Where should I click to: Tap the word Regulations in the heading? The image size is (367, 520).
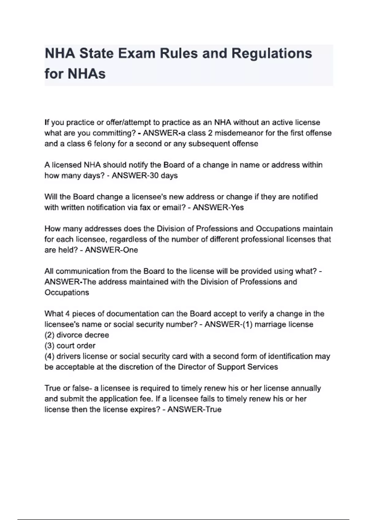coord(272,54)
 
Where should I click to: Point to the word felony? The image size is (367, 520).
coord(105,144)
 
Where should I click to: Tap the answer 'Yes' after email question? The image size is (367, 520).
coord(237,207)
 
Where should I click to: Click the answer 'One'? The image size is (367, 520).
coord(130,250)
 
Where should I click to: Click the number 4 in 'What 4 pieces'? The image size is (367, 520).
coord(67,314)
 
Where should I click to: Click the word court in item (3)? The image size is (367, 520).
coord(67,346)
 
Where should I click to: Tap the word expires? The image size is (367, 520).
coord(144,409)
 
